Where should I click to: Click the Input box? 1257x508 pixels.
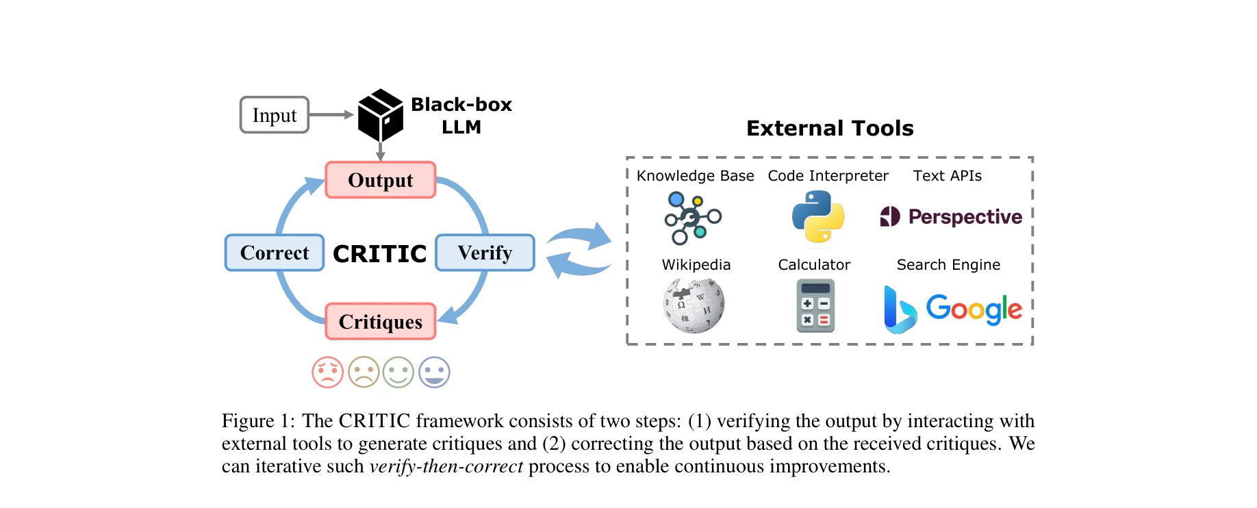[x=274, y=115]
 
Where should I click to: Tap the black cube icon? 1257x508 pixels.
[x=380, y=114]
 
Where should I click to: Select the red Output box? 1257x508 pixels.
[x=381, y=180]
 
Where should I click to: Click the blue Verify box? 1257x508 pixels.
[x=485, y=253]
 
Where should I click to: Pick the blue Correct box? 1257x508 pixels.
[x=275, y=253]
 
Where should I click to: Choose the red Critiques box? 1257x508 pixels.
[x=381, y=321]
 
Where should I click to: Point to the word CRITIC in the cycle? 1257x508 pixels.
[x=379, y=254]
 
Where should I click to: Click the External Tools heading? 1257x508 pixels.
[x=830, y=128]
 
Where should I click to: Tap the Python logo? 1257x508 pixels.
[x=817, y=216]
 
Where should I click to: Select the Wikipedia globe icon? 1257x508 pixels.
[x=694, y=305]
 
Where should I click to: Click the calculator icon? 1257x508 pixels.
[x=815, y=306]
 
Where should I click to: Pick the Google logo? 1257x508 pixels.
[x=974, y=309]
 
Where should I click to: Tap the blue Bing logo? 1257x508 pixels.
[x=899, y=310]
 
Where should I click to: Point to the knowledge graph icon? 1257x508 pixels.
[x=692, y=218]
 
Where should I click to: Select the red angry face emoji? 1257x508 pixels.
[x=327, y=372]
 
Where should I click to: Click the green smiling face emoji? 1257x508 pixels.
[x=398, y=372]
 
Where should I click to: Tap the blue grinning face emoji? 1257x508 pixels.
[x=434, y=372]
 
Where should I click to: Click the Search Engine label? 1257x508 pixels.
[x=948, y=265]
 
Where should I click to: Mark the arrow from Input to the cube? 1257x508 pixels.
[x=331, y=115]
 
